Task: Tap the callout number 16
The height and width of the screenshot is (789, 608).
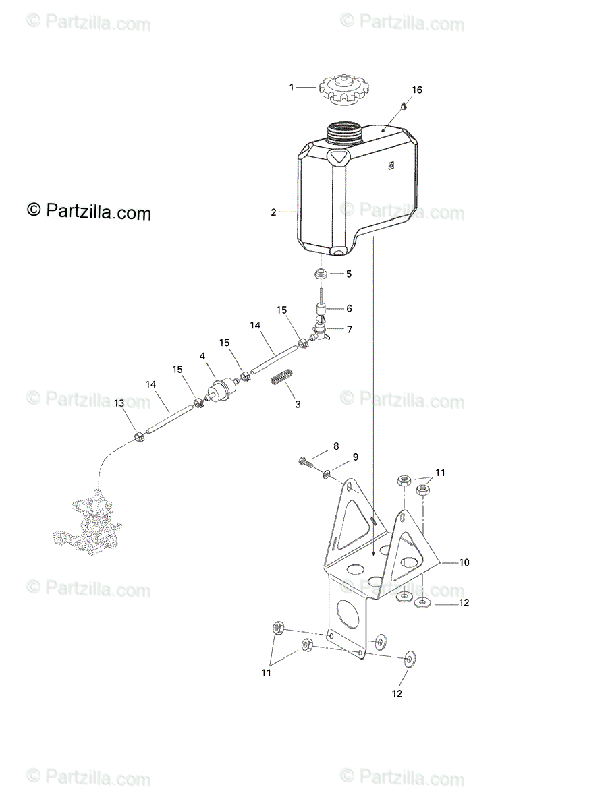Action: click(x=417, y=90)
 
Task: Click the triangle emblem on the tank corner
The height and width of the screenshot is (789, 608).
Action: click(x=339, y=158)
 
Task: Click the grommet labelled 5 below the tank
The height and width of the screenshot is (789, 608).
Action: click(x=322, y=274)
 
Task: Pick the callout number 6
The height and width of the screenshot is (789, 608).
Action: click(x=349, y=308)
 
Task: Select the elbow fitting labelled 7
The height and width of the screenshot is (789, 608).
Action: click(x=318, y=330)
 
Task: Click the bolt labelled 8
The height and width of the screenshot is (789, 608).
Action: click(x=306, y=462)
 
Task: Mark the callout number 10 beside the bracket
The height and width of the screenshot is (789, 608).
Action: click(x=464, y=562)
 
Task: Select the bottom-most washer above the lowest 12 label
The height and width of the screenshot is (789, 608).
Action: click(x=409, y=659)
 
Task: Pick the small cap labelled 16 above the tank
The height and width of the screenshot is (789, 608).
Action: click(x=404, y=105)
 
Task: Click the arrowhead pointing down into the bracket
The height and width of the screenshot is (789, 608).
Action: click(x=373, y=554)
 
